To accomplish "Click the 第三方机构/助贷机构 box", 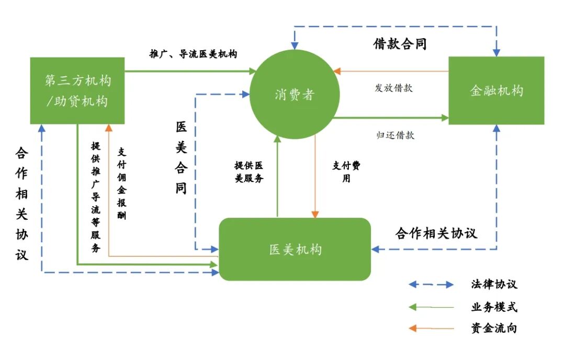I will pos(77,91).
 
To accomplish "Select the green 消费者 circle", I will pos(294,94).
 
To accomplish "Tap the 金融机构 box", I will pos(496,91).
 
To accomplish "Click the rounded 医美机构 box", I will pos(295,250).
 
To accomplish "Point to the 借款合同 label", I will pos(400,44).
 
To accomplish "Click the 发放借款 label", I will pos(393,88).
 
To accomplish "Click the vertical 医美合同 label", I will pos(181,157).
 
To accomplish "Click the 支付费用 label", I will pos(346,172).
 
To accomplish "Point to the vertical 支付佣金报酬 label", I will pos(121,183).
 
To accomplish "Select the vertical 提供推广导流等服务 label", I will pos(96,197).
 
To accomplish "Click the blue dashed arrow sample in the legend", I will pos(431,285).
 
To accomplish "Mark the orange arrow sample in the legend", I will pos(431,329).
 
